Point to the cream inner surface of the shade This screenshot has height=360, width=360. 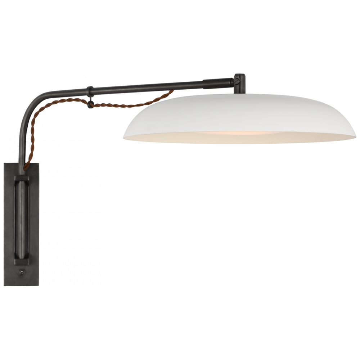tap(288, 135)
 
